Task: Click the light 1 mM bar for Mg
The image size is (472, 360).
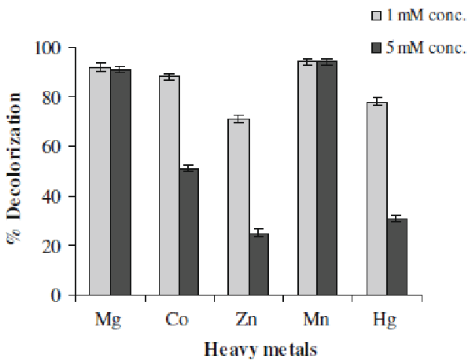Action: pos(99,182)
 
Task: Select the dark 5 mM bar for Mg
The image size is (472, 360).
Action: pos(120,182)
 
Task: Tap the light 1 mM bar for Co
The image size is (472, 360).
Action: pos(169,186)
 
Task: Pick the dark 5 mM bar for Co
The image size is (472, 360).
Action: pos(189,232)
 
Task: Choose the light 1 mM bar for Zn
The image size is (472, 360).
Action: pos(238,208)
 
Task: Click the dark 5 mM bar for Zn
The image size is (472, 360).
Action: pos(259,264)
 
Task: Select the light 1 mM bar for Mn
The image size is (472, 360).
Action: pos(307,178)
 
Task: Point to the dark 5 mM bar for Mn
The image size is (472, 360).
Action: pos(327,178)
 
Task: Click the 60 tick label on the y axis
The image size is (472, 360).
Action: pos(53,147)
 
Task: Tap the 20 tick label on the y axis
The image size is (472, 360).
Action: pos(53,246)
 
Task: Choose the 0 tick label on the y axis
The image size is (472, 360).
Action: pos(57,296)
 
